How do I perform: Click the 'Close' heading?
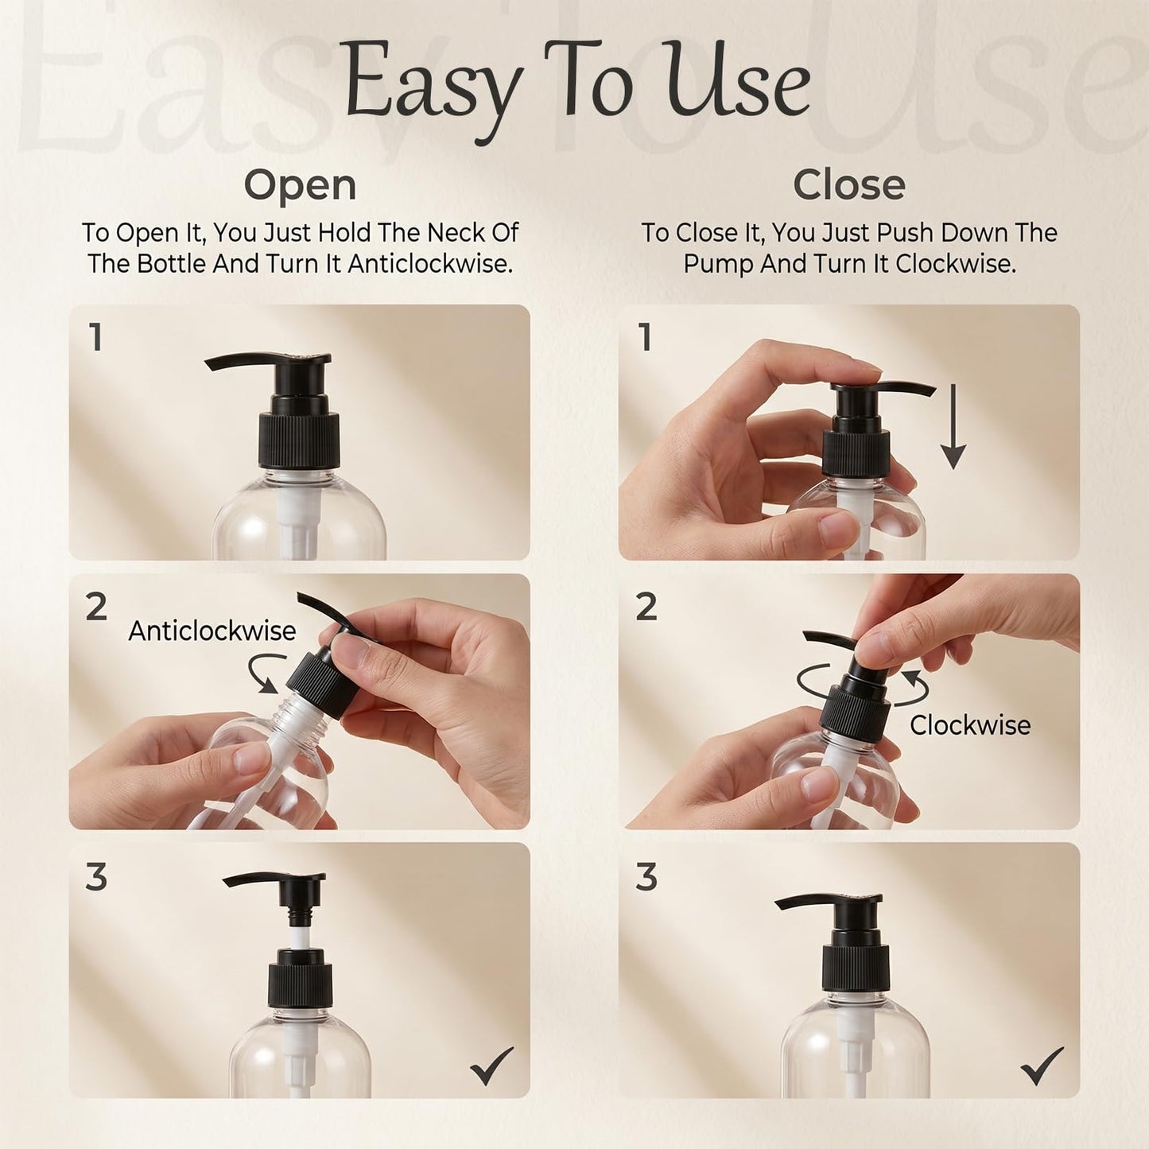(x=849, y=184)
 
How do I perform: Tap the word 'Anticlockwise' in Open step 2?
(x=212, y=631)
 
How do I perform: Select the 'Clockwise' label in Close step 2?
(x=970, y=725)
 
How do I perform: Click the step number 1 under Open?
(x=95, y=337)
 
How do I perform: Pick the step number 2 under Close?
(x=646, y=607)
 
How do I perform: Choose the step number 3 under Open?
(x=96, y=877)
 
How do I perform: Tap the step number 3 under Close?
(x=646, y=877)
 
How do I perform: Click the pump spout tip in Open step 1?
(x=208, y=363)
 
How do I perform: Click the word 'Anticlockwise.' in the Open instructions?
(x=430, y=263)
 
